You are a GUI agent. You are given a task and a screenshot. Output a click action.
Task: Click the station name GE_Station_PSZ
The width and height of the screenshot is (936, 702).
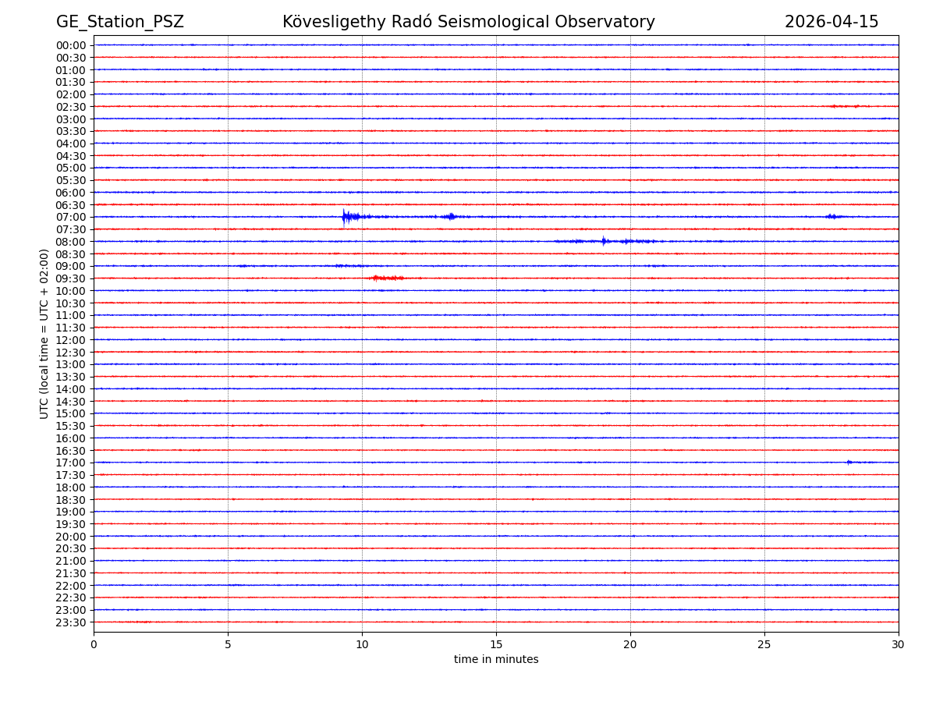point(119,22)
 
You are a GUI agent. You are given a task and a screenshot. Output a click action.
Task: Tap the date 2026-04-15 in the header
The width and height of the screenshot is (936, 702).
point(831,22)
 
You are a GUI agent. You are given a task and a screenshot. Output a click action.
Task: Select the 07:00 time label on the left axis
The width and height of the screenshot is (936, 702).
point(71,217)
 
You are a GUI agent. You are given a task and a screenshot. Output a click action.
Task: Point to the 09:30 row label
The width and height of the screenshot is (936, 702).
point(71,278)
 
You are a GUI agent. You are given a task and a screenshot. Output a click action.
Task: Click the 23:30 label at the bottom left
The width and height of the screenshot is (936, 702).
point(71,622)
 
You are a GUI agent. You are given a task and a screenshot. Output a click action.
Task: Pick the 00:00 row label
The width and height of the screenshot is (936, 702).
point(71,45)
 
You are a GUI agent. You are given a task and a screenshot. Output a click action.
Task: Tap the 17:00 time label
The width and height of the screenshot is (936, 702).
point(71,463)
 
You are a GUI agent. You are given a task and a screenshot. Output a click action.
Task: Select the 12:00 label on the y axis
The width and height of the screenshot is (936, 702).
point(71,340)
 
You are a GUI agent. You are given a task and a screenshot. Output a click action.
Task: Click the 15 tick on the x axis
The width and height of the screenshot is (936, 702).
point(496,645)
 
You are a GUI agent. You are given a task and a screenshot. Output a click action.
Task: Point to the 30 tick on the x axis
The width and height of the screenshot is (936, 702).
point(898,645)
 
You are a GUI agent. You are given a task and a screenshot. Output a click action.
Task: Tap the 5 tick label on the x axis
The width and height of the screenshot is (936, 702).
point(228,645)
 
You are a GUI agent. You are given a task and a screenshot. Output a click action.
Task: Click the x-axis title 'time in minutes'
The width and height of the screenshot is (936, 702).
point(496,660)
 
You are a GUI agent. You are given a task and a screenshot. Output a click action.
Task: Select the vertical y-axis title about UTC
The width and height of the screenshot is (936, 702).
point(44,334)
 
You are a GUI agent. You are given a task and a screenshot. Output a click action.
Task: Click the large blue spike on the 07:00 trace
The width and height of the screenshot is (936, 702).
point(344,216)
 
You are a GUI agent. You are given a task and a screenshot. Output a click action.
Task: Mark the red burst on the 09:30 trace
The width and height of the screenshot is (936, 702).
point(386,278)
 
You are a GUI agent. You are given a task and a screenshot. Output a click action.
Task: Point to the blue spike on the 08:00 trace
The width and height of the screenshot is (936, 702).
point(603,241)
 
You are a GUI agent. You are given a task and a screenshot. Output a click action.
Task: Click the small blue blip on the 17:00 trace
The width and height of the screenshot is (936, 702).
point(849,463)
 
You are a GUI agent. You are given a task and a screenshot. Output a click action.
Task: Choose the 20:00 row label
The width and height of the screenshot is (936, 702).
point(71,537)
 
